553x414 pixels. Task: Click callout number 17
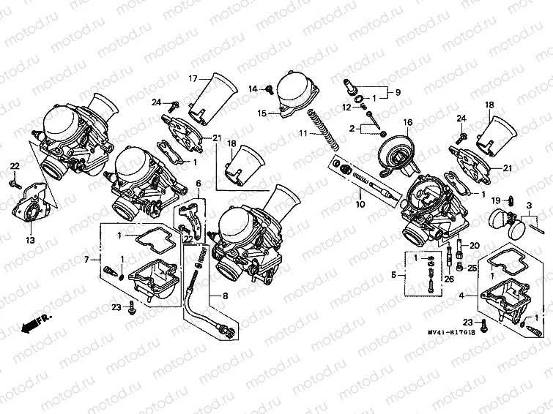click(x=193, y=78)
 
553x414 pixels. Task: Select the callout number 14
click(x=253, y=89)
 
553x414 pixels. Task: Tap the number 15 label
click(x=261, y=114)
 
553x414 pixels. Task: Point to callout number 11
click(x=302, y=133)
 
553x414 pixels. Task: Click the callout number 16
click(x=407, y=122)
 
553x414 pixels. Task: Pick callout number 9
click(x=399, y=93)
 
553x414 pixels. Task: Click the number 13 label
click(x=30, y=240)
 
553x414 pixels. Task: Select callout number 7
click(x=86, y=260)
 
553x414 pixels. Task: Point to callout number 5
click(x=393, y=276)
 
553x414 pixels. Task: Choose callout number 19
click(x=495, y=200)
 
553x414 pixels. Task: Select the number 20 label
click(x=475, y=245)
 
